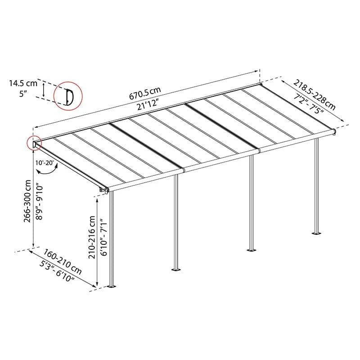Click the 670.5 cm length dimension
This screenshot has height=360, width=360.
144,94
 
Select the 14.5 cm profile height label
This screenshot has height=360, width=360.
23,83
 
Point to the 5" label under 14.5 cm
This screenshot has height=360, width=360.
23,94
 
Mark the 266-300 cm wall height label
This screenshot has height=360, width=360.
27,201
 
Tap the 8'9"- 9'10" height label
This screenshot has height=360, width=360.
39,201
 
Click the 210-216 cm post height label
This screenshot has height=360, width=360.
92,237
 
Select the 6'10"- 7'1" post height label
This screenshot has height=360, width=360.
103,238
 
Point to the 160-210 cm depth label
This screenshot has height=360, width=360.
63,262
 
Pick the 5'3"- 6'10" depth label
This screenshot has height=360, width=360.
57,272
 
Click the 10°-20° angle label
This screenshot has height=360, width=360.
45,163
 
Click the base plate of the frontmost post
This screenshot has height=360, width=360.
112,286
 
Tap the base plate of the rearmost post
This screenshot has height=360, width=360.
317,234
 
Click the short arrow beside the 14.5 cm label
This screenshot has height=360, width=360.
43,90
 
